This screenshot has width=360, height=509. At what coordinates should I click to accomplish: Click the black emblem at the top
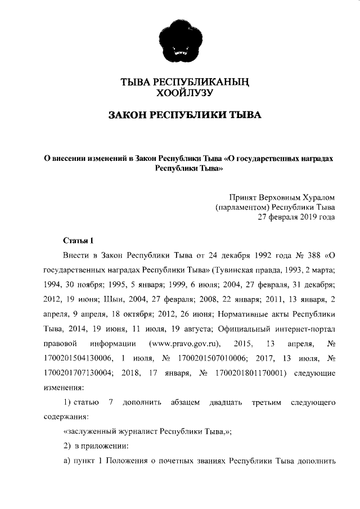180,43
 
